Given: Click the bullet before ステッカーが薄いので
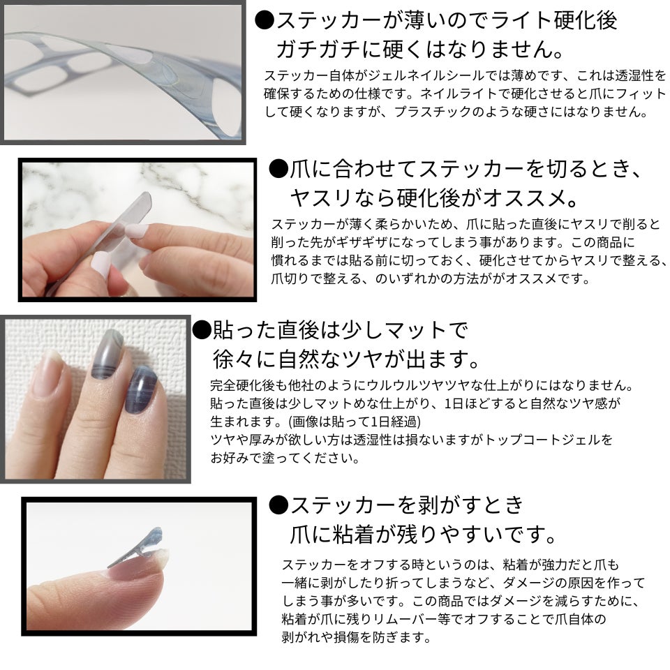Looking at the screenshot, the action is (265, 20).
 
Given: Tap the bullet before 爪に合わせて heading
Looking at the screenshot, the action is (278, 169).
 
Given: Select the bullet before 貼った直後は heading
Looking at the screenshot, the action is (202, 329).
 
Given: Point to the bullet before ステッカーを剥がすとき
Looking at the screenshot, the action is (278, 505).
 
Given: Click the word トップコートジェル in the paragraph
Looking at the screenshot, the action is (543, 440).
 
